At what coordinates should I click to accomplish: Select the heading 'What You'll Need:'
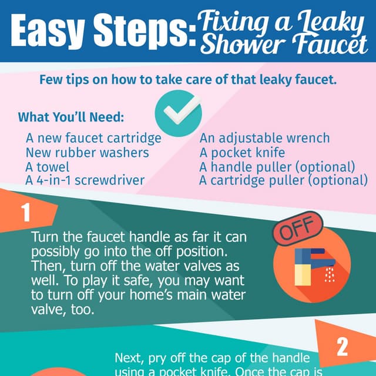[71, 117]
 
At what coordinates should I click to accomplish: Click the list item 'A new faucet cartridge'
[93, 139]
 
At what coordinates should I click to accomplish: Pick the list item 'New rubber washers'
[87, 153]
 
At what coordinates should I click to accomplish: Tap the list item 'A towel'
[48, 167]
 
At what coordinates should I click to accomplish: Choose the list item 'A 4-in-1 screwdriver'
[85, 180]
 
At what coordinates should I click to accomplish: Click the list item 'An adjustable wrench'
[264, 139]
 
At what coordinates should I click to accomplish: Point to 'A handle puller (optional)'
[277, 167]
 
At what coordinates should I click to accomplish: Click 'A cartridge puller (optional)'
[283, 180]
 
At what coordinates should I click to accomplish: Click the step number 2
[343, 347]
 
